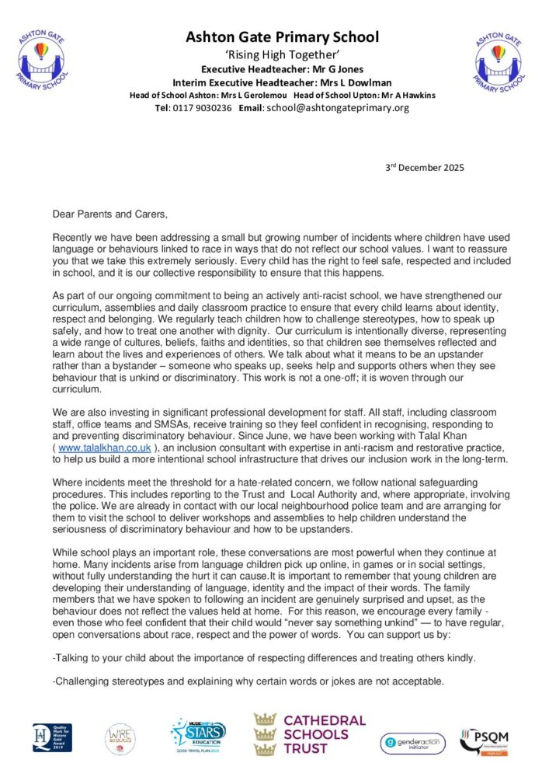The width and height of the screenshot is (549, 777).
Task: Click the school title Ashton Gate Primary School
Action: tap(282, 37)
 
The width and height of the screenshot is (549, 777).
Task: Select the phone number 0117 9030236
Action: tap(203, 108)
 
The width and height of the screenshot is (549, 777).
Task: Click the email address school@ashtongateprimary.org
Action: tap(337, 108)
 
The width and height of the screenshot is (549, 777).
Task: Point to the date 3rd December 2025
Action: tap(425, 168)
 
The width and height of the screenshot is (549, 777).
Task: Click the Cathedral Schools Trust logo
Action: tap(309, 733)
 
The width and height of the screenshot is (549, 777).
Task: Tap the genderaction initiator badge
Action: tap(412, 743)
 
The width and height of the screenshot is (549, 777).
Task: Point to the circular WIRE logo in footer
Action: tap(122, 739)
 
